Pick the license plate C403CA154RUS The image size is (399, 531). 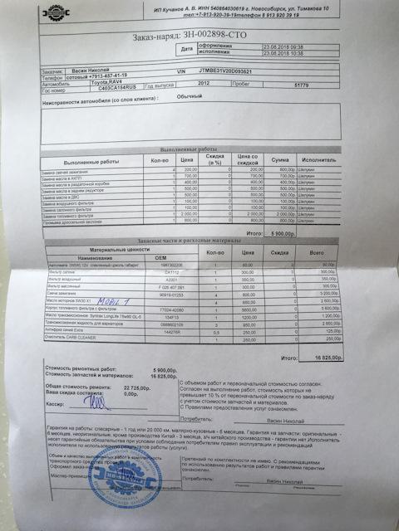[97, 90]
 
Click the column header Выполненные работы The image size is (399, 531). [91, 160]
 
